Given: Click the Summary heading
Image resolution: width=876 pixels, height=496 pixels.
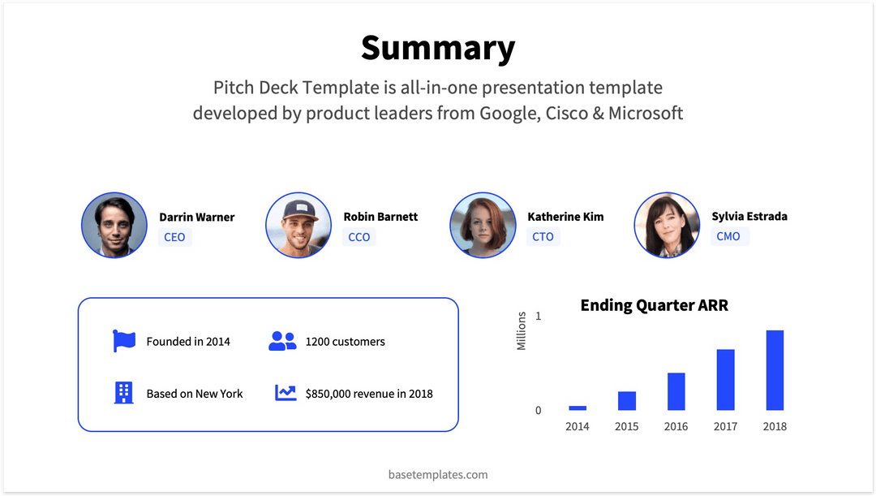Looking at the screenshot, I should pos(438,48).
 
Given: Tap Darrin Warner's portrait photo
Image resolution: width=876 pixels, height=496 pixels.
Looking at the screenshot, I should pos(114,226).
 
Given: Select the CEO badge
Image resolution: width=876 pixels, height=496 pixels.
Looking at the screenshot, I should pos(174,237).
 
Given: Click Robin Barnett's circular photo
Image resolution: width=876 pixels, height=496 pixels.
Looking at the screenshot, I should pos(298,226).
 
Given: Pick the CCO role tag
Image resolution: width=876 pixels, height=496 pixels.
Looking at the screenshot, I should pos(359,237).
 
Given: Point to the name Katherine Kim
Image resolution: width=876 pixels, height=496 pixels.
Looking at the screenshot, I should pos(565,217).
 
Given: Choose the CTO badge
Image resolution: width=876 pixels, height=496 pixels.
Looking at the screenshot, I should pos(543,237).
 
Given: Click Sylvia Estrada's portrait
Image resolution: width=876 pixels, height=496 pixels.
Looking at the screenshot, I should pos(667,226).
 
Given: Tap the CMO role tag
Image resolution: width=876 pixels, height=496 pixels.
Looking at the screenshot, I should pos(728,236).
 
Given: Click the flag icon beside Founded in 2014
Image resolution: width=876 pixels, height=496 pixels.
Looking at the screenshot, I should pos(124,341).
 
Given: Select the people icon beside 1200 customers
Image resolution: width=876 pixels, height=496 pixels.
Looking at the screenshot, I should pos(282,341).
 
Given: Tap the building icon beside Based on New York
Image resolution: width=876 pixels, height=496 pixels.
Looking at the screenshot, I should pos(123,393).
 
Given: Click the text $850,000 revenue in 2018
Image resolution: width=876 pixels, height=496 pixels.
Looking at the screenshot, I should pos(369,394).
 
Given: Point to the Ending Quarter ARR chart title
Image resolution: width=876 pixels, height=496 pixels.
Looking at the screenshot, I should pos(654,305).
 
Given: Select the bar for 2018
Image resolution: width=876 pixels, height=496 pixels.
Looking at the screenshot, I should pos(775,370).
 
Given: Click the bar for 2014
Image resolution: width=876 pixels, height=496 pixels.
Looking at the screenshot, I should pos(578,408).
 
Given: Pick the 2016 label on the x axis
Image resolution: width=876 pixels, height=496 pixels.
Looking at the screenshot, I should pos(676,426).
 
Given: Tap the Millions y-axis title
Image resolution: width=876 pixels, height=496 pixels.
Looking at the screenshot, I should pos(522,331).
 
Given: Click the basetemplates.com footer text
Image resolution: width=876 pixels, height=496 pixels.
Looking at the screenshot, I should pos(438,474).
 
